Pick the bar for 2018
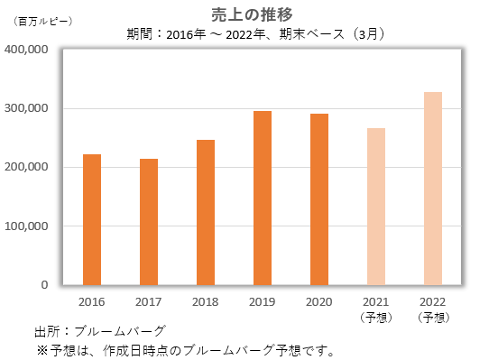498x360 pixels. coord(206,212)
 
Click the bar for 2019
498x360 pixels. coord(263,198)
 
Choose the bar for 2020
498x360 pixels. coord(319,199)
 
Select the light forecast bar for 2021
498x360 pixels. coord(376,207)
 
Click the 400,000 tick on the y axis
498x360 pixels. coord(28,51)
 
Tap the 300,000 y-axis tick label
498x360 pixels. coord(28,109)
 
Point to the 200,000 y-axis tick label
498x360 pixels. coord(28,168)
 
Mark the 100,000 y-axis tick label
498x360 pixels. coord(28,226)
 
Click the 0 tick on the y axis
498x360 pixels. coord(44,285)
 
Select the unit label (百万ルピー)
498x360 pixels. coord(43,19)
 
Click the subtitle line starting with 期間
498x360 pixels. coord(257,34)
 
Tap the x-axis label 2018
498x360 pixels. coord(206,301)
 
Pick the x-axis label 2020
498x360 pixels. coord(319,301)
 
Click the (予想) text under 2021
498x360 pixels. coord(376,317)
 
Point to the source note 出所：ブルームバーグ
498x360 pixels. coord(100,332)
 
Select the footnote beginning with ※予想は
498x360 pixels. coord(185,349)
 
